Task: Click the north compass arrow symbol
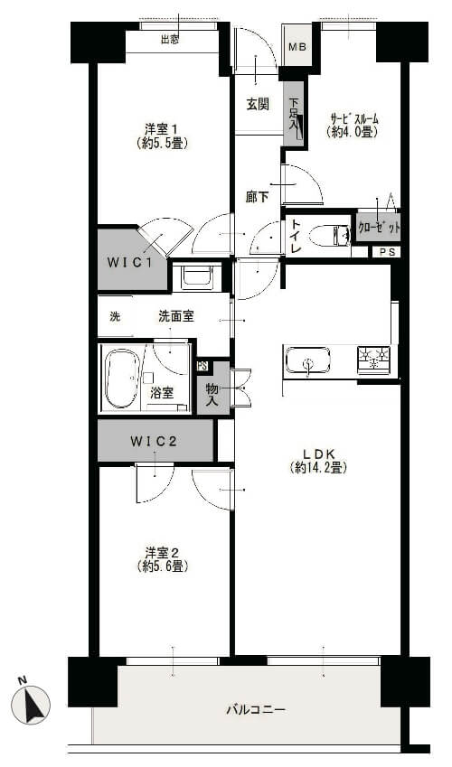(x=35, y=703)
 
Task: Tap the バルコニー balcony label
(x=255, y=710)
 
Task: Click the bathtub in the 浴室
(x=120, y=378)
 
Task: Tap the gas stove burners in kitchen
(x=374, y=359)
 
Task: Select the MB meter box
(x=297, y=48)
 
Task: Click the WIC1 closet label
(x=129, y=263)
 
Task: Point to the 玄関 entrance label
(x=257, y=105)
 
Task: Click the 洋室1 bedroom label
(x=162, y=136)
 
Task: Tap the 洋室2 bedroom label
(x=163, y=559)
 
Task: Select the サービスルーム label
(x=353, y=125)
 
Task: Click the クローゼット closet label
(x=378, y=228)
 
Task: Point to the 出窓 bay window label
(x=169, y=39)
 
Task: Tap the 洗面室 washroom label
(x=176, y=316)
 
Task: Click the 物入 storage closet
(x=213, y=388)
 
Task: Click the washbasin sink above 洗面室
(x=195, y=276)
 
